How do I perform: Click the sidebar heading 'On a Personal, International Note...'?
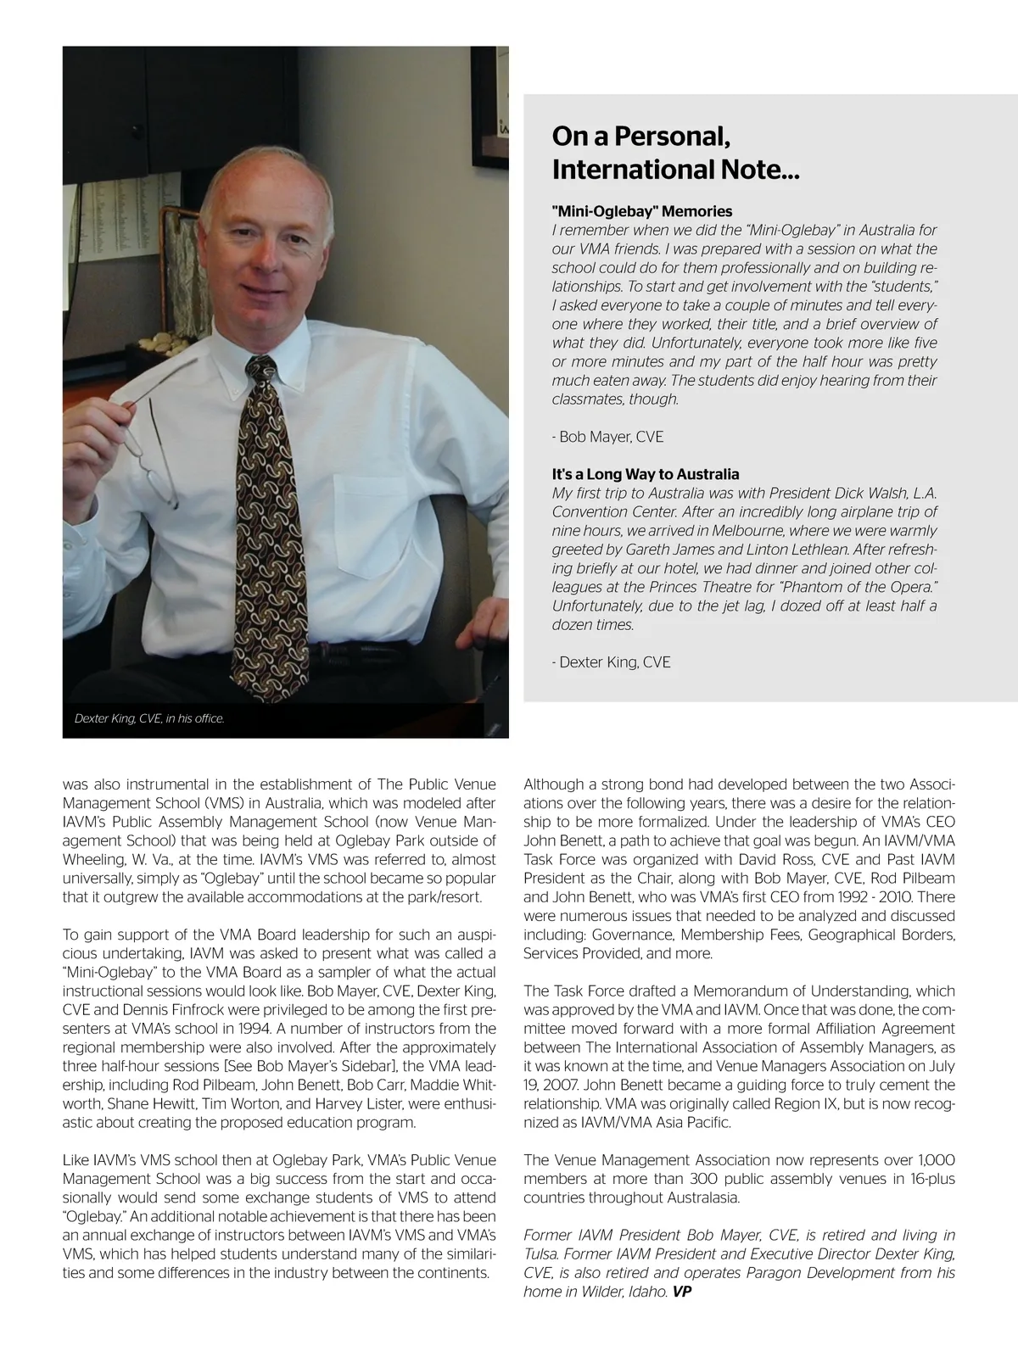pos(675,153)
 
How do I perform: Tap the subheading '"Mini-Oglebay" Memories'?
pos(641,211)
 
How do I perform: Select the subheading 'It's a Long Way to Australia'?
pos(645,474)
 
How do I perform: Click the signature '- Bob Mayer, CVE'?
pos(607,437)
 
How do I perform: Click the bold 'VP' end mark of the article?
pos(683,1292)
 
